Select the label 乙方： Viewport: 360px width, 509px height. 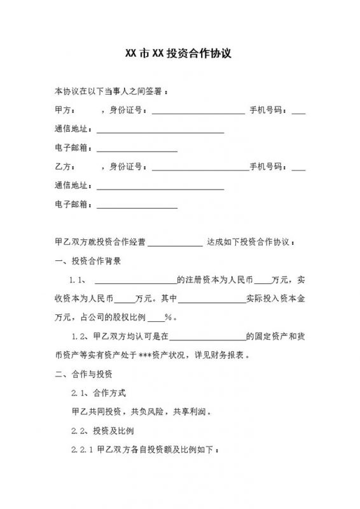pyautogui.click(x=66, y=167)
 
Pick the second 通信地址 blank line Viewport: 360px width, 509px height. pyautogui.click(x=160, y=187)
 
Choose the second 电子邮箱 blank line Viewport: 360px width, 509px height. pyautogui.click(x=136, y=206)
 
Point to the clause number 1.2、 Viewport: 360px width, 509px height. pyautogui.click(x=81, y=336)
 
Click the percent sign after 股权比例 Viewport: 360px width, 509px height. pyautogui.click(x=169, y=317)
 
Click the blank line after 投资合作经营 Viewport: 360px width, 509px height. pyautogui.click(x=174, y=243)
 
